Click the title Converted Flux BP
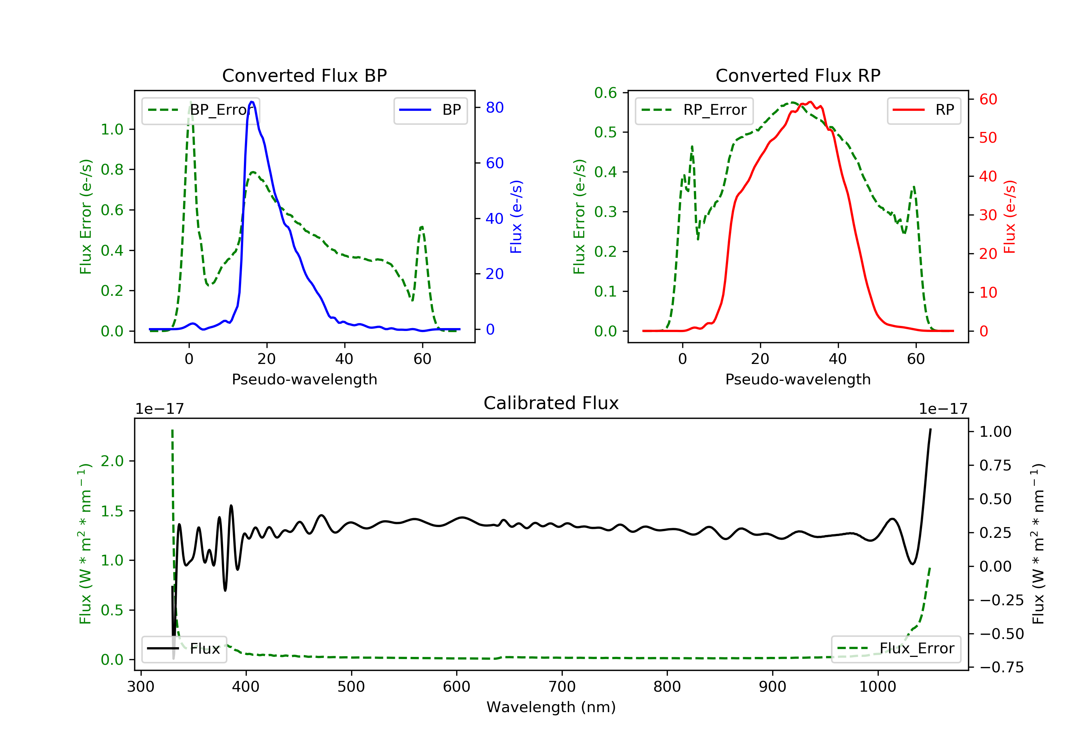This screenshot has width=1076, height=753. [x=304, y=75]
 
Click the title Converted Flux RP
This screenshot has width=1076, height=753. [x=798, y=75]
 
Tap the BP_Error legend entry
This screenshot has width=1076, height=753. [x=200, y=110]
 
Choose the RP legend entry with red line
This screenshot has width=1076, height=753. [x=924, y=110]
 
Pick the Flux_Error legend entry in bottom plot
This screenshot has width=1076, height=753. [x=896, y=649]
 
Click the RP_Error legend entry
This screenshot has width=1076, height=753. [x=694, y=110]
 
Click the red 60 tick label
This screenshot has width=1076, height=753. [x=988, y=99]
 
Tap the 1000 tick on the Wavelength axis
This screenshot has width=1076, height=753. [x=877, y=687]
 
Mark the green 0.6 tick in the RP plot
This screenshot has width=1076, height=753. [x=605, y=93]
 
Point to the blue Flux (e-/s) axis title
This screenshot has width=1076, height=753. [x=516, y=217]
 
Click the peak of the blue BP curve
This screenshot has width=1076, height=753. [x=252, y=102]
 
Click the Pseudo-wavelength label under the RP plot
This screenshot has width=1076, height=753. [x=798, y=379]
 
